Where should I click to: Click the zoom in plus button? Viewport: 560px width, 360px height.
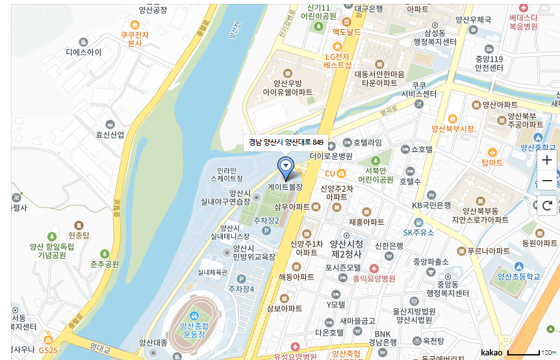(547, 160)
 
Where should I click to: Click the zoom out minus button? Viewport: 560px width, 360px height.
(547, 181)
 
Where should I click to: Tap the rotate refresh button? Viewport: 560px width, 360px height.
(547, 206)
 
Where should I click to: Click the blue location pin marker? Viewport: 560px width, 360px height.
(285, 168)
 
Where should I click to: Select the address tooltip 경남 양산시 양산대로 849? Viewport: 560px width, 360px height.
(286, 142)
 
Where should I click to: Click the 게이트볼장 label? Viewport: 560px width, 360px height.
(285, 186)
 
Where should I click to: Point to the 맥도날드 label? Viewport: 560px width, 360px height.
(346, 32)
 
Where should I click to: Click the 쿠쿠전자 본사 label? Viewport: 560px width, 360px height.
(134, 38)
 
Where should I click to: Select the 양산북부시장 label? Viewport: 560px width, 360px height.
(453, 129)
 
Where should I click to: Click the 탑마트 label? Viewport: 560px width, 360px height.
(492, 162)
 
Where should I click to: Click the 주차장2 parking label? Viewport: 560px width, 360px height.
(266, 221)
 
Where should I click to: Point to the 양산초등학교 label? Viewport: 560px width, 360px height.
(518, 276)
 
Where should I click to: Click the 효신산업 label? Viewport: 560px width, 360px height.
(110, 135)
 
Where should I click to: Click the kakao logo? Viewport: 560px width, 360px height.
(491, 352)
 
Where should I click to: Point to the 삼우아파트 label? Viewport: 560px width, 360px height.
(292, 207)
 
